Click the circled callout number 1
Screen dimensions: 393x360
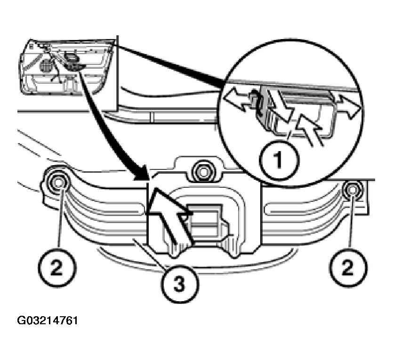[x=279, y=159]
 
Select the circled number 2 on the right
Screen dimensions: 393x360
[x=348, y=268]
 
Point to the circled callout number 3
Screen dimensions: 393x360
[x=180, y=284]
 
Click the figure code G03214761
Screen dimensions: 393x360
[x=48, y=320]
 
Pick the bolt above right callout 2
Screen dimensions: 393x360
[x=353, y=191]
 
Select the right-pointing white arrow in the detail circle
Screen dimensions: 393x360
[x=349, y=106]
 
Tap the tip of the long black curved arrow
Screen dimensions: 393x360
[x=148, y=179]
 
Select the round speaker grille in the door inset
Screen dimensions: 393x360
[x=46, y=65]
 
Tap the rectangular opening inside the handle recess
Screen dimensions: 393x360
[x=204, y=220]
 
